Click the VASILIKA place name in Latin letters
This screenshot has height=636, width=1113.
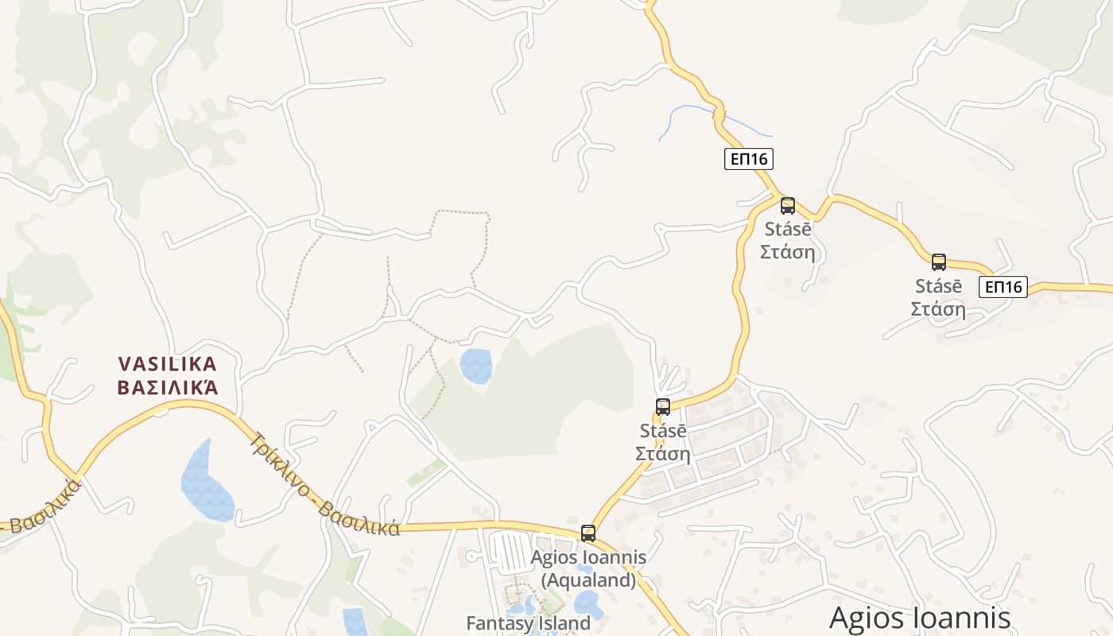pos(167,364)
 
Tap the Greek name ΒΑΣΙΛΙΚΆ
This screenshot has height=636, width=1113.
pos(167,388)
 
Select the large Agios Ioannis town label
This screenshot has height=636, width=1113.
pos(920,618)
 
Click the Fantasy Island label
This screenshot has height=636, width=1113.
pos(528,623)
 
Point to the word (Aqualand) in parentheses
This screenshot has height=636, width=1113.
pos(588,580)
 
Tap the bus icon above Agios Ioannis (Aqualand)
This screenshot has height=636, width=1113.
pos(588,533)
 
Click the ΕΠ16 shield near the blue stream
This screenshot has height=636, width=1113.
pos(749,159)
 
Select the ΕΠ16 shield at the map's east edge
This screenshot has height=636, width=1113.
pos(1002,287)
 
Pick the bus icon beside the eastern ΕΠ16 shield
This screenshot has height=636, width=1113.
pos(939,262)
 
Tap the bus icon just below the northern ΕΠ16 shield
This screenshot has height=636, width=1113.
pos(788,206)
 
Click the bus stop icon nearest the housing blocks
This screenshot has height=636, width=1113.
pos(663,407)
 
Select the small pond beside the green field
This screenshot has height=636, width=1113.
pos(476,366)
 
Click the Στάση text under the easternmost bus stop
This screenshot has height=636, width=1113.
pos(938,309)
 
